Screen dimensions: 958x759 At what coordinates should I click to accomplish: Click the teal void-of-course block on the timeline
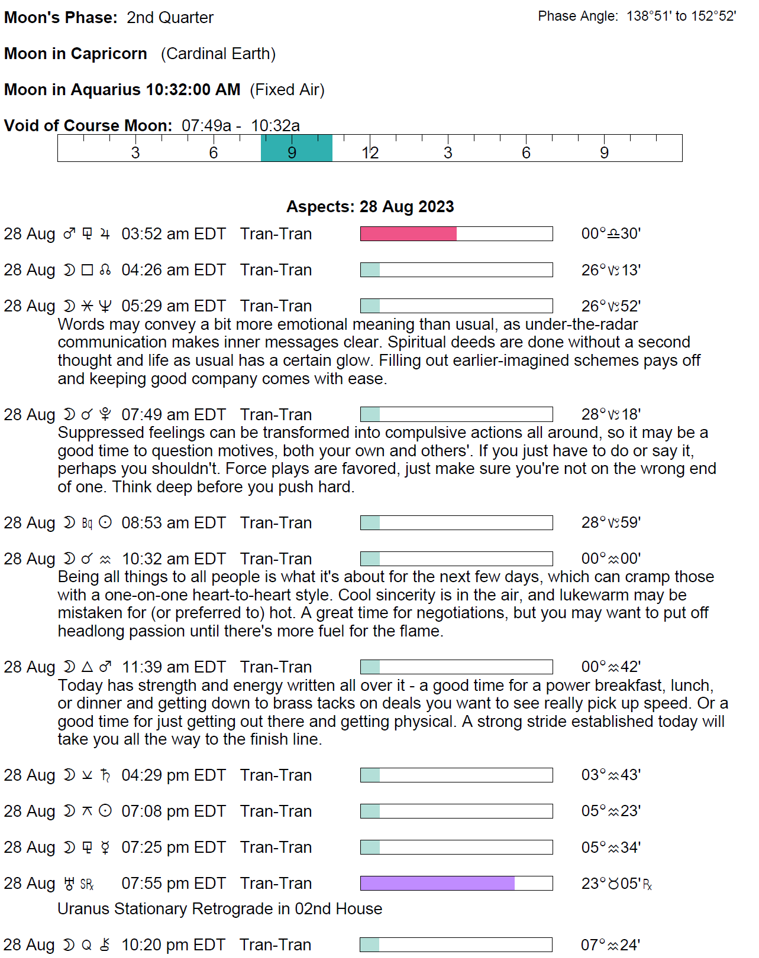[296, 148]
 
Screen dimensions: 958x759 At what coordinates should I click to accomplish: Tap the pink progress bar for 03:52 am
[408, 234]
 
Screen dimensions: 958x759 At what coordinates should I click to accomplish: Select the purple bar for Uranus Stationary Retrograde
[437, 884]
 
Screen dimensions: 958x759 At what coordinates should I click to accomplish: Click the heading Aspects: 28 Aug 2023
[370, 207]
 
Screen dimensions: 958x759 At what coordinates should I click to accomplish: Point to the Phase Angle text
[637, 17]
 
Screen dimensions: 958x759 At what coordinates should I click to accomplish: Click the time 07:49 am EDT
[173, 415]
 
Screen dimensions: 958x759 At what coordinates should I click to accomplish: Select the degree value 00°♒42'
[611, 667]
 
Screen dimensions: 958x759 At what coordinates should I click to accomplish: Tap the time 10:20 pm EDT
[173, 945]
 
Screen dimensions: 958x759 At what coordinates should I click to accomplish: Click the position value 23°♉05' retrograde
[616, 884]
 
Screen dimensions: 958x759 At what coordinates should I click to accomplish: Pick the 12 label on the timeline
[370, 153]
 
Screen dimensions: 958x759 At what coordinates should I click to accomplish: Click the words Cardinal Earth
[218, 54]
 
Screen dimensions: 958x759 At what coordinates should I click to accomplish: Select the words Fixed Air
[287, 90]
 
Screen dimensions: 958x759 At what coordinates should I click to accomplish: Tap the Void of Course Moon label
[88, 126]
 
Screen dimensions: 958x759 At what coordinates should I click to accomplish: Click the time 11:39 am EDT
[173, 667]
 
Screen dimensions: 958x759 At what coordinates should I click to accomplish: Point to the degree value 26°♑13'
[611, 270]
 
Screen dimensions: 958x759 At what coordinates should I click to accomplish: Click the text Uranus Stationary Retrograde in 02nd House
[219, 909]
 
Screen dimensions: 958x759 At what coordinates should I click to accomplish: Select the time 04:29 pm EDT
[173, 775]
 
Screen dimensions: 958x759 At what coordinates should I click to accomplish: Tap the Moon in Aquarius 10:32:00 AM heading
[122, 90]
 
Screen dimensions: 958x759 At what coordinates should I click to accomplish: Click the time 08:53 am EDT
[173, 523]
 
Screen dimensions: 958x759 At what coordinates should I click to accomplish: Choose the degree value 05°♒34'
[611, 847]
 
